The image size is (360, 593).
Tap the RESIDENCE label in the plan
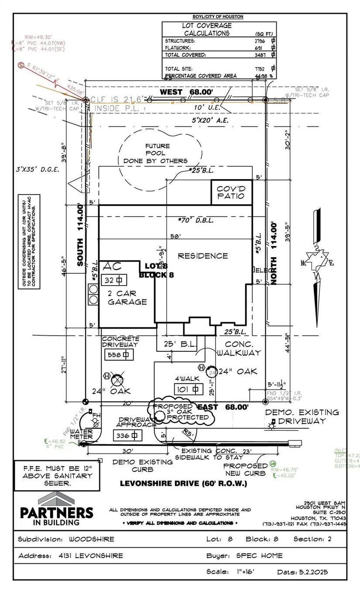202,256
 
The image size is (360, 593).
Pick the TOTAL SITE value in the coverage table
261,68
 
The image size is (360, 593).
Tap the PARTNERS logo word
56,512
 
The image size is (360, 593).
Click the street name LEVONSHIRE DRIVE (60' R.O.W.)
184,484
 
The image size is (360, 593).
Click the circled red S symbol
21,65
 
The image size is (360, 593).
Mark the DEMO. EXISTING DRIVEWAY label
302,416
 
